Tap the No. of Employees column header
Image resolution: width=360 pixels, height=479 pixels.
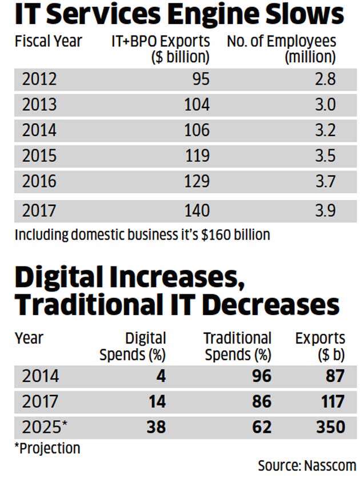click(x=281, y=49)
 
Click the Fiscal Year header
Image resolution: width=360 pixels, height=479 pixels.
click(x=48, y=42)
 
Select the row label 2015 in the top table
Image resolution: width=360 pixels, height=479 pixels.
click(x=39, y=156)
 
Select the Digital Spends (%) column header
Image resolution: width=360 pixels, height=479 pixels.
click(x=133, y=346)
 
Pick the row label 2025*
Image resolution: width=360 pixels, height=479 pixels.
click(x=44, y=427)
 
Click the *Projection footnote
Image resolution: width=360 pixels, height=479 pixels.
click(x=47, y=448)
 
